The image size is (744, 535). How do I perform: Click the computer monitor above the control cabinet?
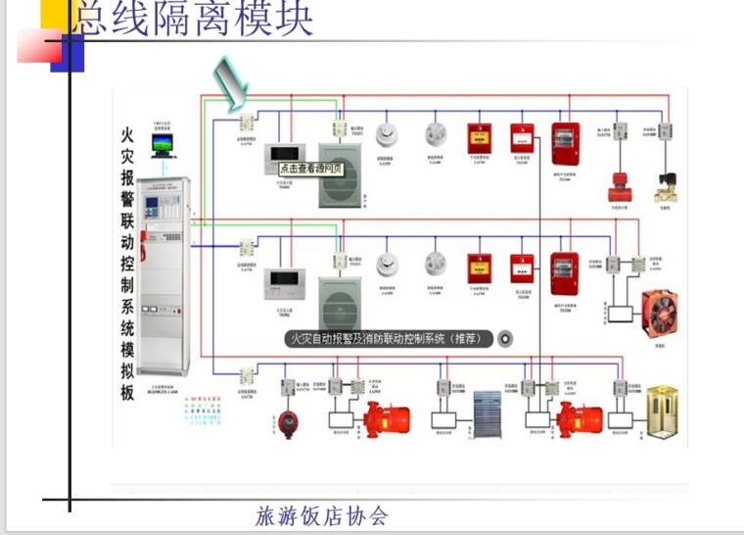click(163, 145)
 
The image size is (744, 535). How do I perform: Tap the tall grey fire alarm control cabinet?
click(163, 279)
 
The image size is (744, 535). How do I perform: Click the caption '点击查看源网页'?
click(304, 168)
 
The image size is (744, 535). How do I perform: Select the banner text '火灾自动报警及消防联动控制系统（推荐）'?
click(389, 339)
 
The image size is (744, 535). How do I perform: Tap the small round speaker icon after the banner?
click(506, 339)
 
